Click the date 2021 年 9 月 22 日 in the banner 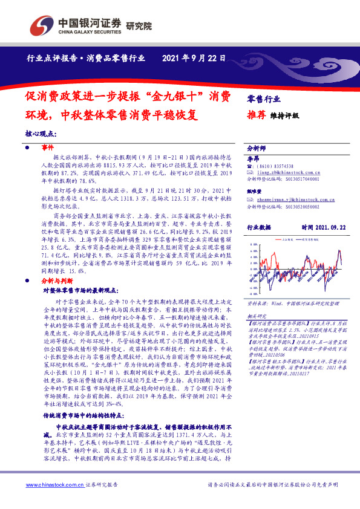tap(195, 59)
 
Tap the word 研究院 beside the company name tap(139, 25)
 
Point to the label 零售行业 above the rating tap(264, 98)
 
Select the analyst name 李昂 tap(253, 158)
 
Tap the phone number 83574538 tap(280, 166)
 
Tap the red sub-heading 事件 tap(47, 148)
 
